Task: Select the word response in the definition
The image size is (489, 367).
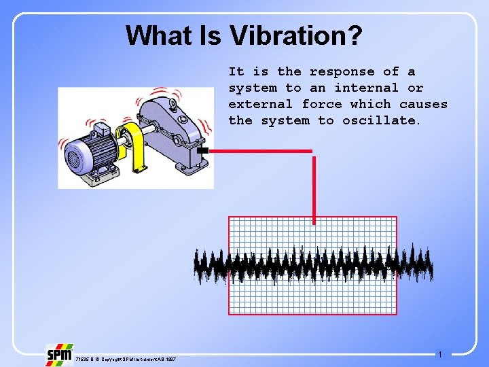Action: coord(342,71)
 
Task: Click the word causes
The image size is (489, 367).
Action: coord(423,104)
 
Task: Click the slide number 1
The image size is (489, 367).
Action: coord(440,355)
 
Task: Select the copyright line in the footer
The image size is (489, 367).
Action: coord(125,358)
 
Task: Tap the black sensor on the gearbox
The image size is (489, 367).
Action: coord(202,150)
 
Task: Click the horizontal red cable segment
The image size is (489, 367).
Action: coord(261,150)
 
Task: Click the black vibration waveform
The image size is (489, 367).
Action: coord(312,266)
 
